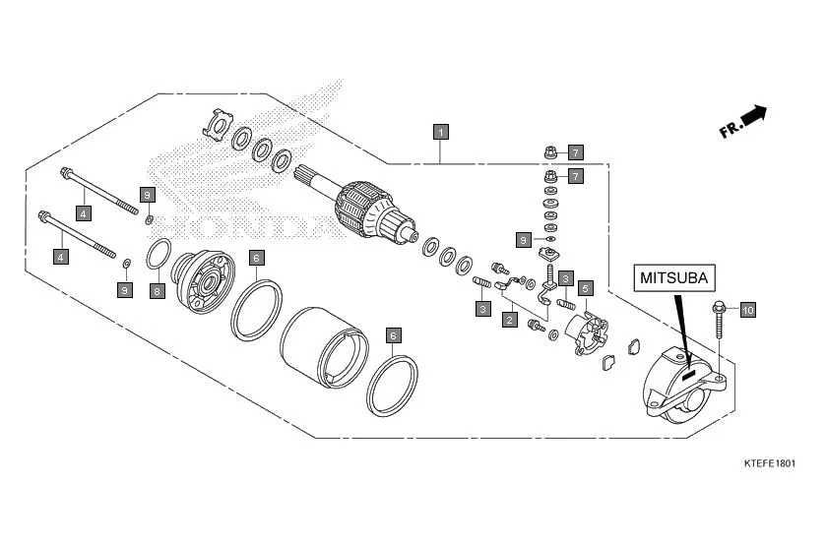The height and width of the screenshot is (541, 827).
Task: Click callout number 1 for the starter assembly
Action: click(x=442, y=131)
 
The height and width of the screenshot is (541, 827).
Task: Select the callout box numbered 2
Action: click(x=510, y=320)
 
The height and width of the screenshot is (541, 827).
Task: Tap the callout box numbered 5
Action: click(x=585, y=288)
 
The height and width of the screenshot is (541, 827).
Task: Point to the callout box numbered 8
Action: click(x=157, y=290)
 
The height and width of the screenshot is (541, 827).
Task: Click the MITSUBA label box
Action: click(x=674, y=277)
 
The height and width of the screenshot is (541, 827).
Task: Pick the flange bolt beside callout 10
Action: click(x=719, y=320)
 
